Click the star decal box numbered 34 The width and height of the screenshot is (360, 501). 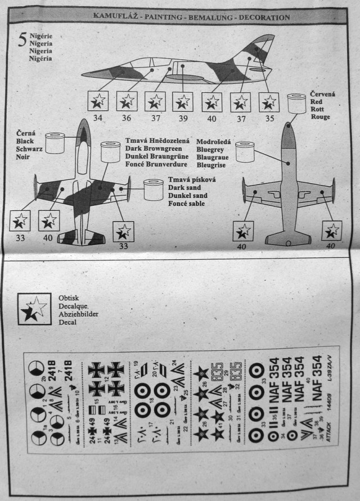click(x=98, y=101)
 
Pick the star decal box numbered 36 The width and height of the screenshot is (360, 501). click(x=127, y=101)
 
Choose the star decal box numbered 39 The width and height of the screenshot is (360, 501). click(x=183, y=101)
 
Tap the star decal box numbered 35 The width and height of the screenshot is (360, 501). click(x=269, y=101)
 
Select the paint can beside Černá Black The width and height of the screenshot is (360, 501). click(x=56, y=143)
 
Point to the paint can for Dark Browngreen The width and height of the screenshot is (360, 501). click(x=110, y=152)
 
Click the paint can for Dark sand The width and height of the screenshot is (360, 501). click(x=153, y=190)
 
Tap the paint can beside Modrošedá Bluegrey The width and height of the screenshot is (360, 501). click(x=245, y=152)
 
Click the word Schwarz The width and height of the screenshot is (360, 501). click(x=30, y=151)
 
